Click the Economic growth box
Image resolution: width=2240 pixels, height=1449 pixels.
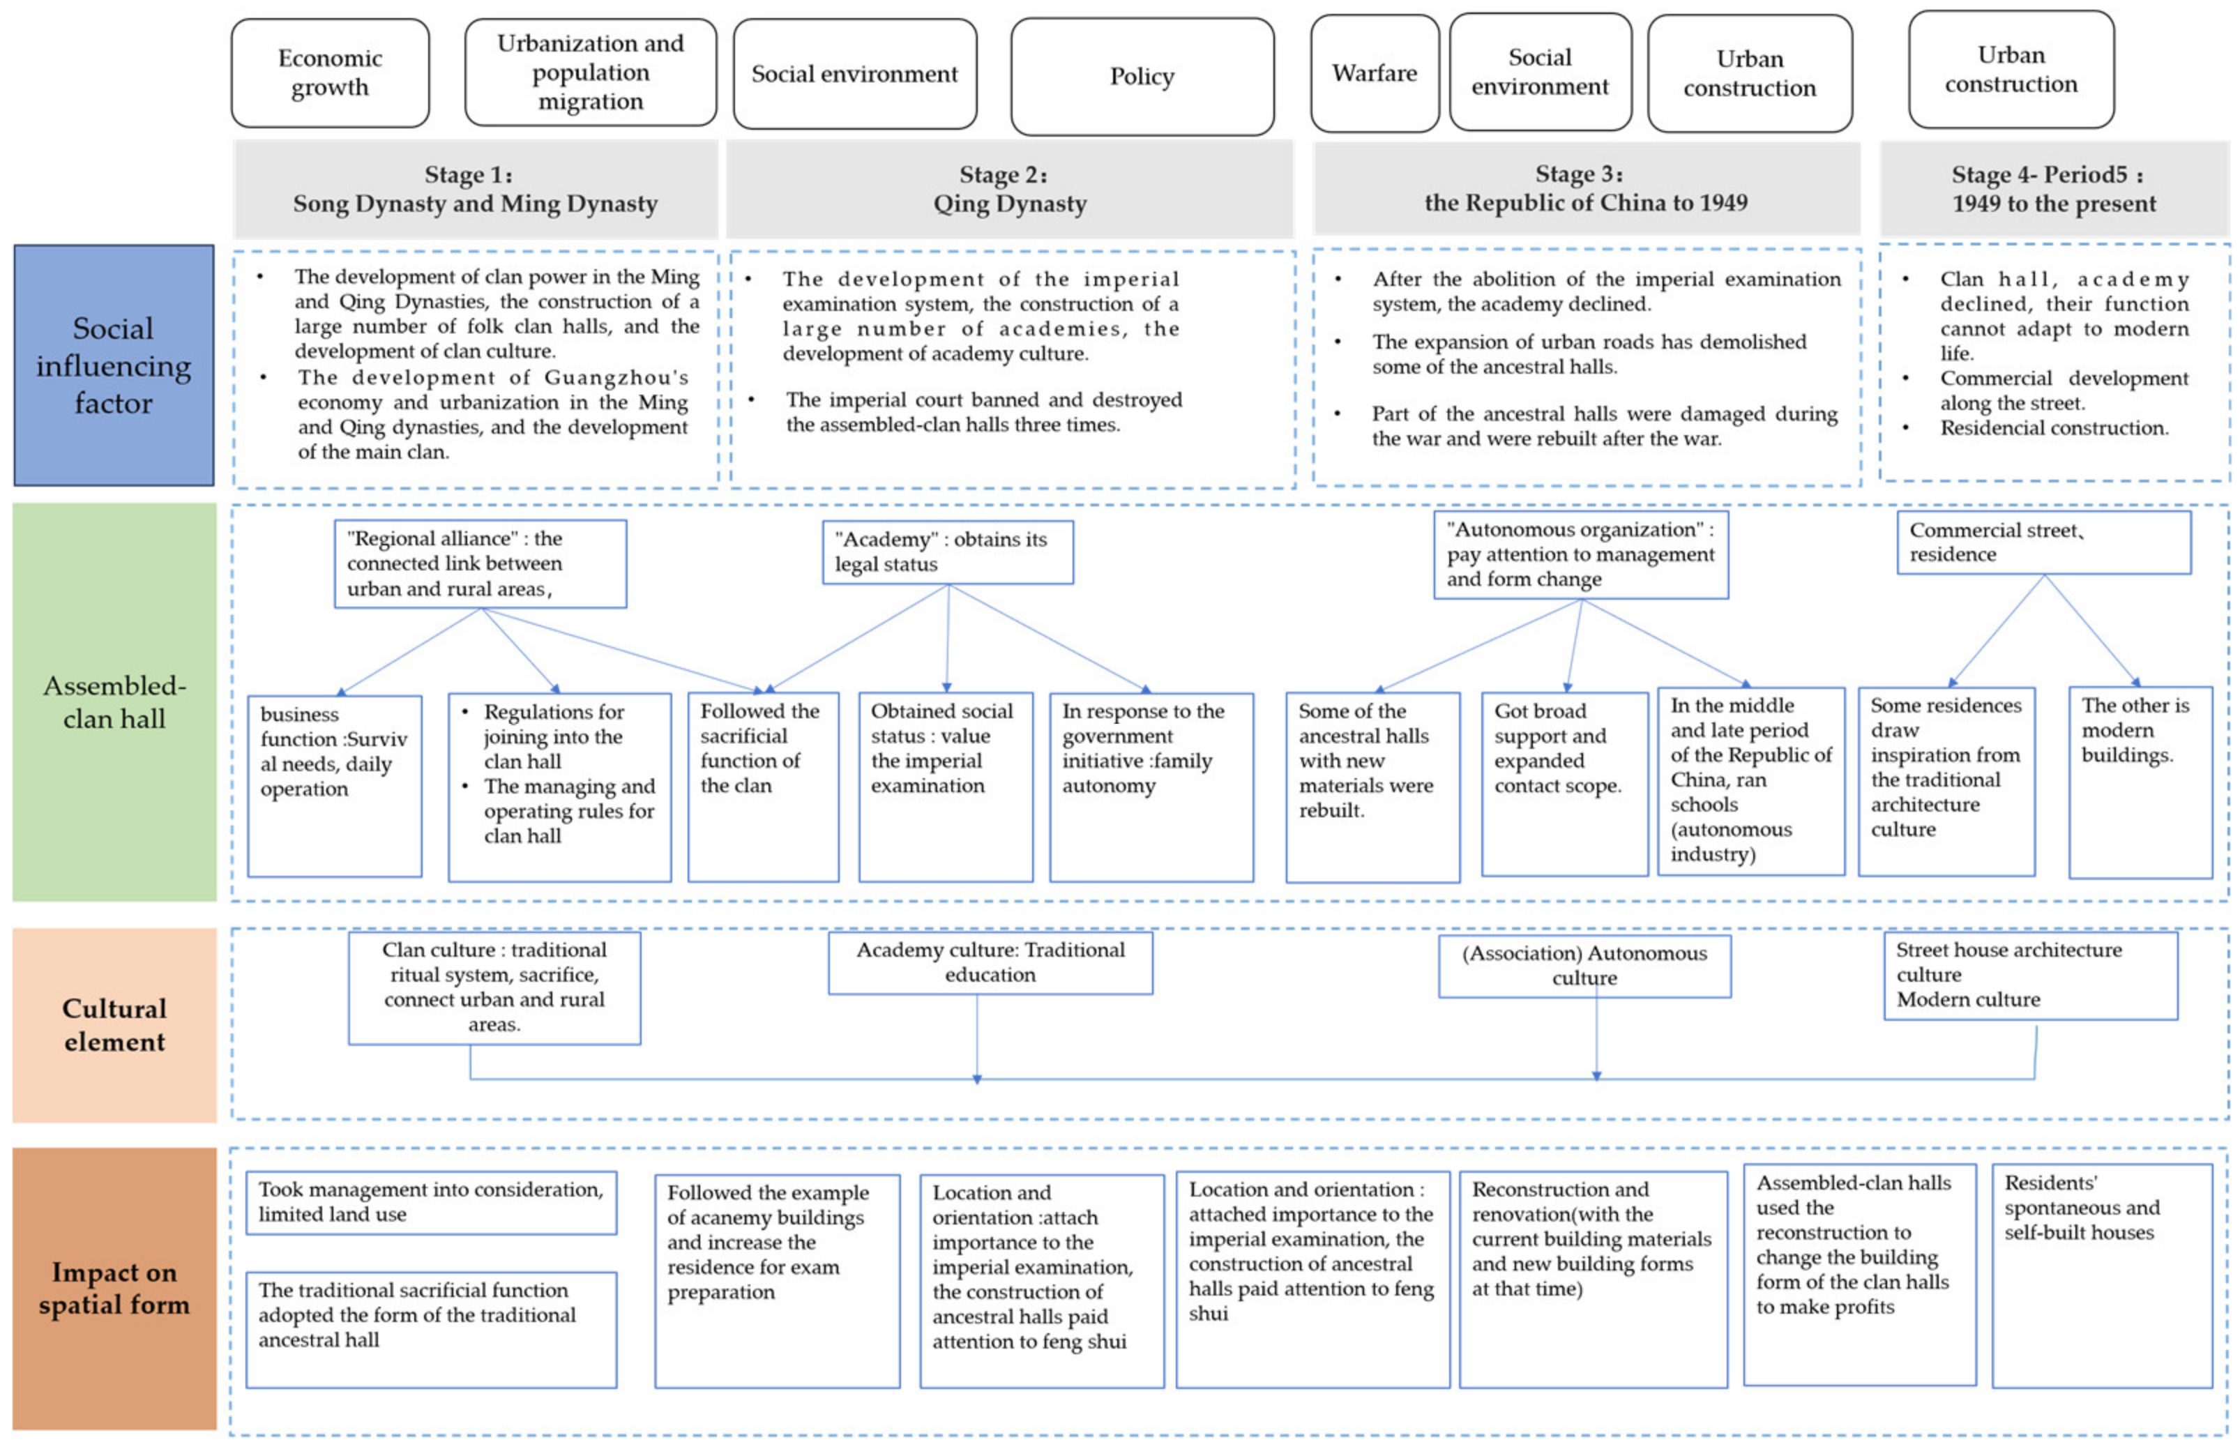(331, 73)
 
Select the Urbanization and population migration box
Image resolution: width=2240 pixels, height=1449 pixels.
(590, 73)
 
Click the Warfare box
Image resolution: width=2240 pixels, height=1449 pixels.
(1374, 73)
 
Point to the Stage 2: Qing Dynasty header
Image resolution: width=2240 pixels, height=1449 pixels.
(1009, 189)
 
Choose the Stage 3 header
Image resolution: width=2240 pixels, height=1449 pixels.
(1585, 188)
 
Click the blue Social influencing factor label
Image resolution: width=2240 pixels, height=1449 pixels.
(114, 365)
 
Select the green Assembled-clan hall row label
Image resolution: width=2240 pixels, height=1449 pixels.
(114, 702)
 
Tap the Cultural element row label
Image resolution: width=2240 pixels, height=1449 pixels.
(114, 1024)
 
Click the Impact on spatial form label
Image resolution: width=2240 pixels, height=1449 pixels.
(114, 1288)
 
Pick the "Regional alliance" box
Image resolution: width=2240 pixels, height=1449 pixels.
(480, 563)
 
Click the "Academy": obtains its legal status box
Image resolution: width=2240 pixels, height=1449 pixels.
(946, 552)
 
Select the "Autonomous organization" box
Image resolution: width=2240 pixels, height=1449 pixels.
(1580, 554)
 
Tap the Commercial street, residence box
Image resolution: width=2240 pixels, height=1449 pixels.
(2043, 542)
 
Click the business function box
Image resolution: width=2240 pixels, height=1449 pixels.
(334, 786)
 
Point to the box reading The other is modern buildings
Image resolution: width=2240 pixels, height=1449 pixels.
(2140, 782)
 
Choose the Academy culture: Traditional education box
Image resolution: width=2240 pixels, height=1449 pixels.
(990, 962)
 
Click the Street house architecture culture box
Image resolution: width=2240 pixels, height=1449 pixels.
(2029, 976)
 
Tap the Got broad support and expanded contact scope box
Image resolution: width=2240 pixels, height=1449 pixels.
(1564, 784)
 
